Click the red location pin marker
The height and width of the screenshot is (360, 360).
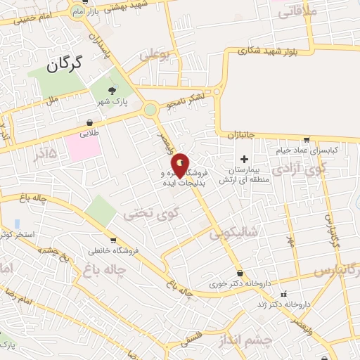coord(180,165)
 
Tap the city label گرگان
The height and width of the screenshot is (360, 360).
coord(64,65)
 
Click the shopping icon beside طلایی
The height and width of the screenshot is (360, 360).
coord(89,120)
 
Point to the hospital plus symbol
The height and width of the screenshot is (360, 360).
coord(244,158)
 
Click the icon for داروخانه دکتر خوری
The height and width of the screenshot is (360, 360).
coord(240,273)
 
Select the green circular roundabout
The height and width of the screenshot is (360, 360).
coord(150,109)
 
